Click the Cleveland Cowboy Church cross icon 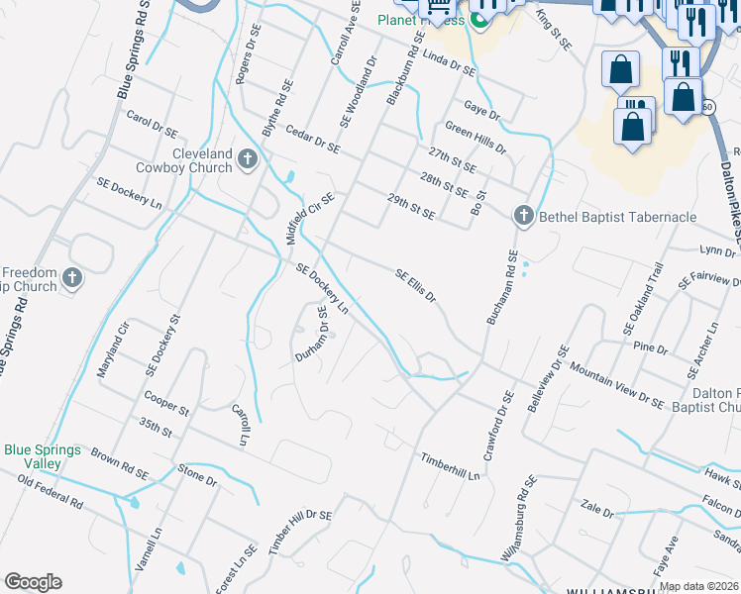click(x=248, y=158)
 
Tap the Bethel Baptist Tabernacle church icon click(x=524, y=216)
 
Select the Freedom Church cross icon click(x=71, y=279)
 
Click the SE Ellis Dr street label click(x=416, y=285)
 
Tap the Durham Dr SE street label click(x=311, y=334)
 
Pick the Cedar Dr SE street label click(x=312, y=140)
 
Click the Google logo click(x=33, y=582)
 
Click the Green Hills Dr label click(x=476, y=138)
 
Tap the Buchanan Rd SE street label click(x=501, y=288)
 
